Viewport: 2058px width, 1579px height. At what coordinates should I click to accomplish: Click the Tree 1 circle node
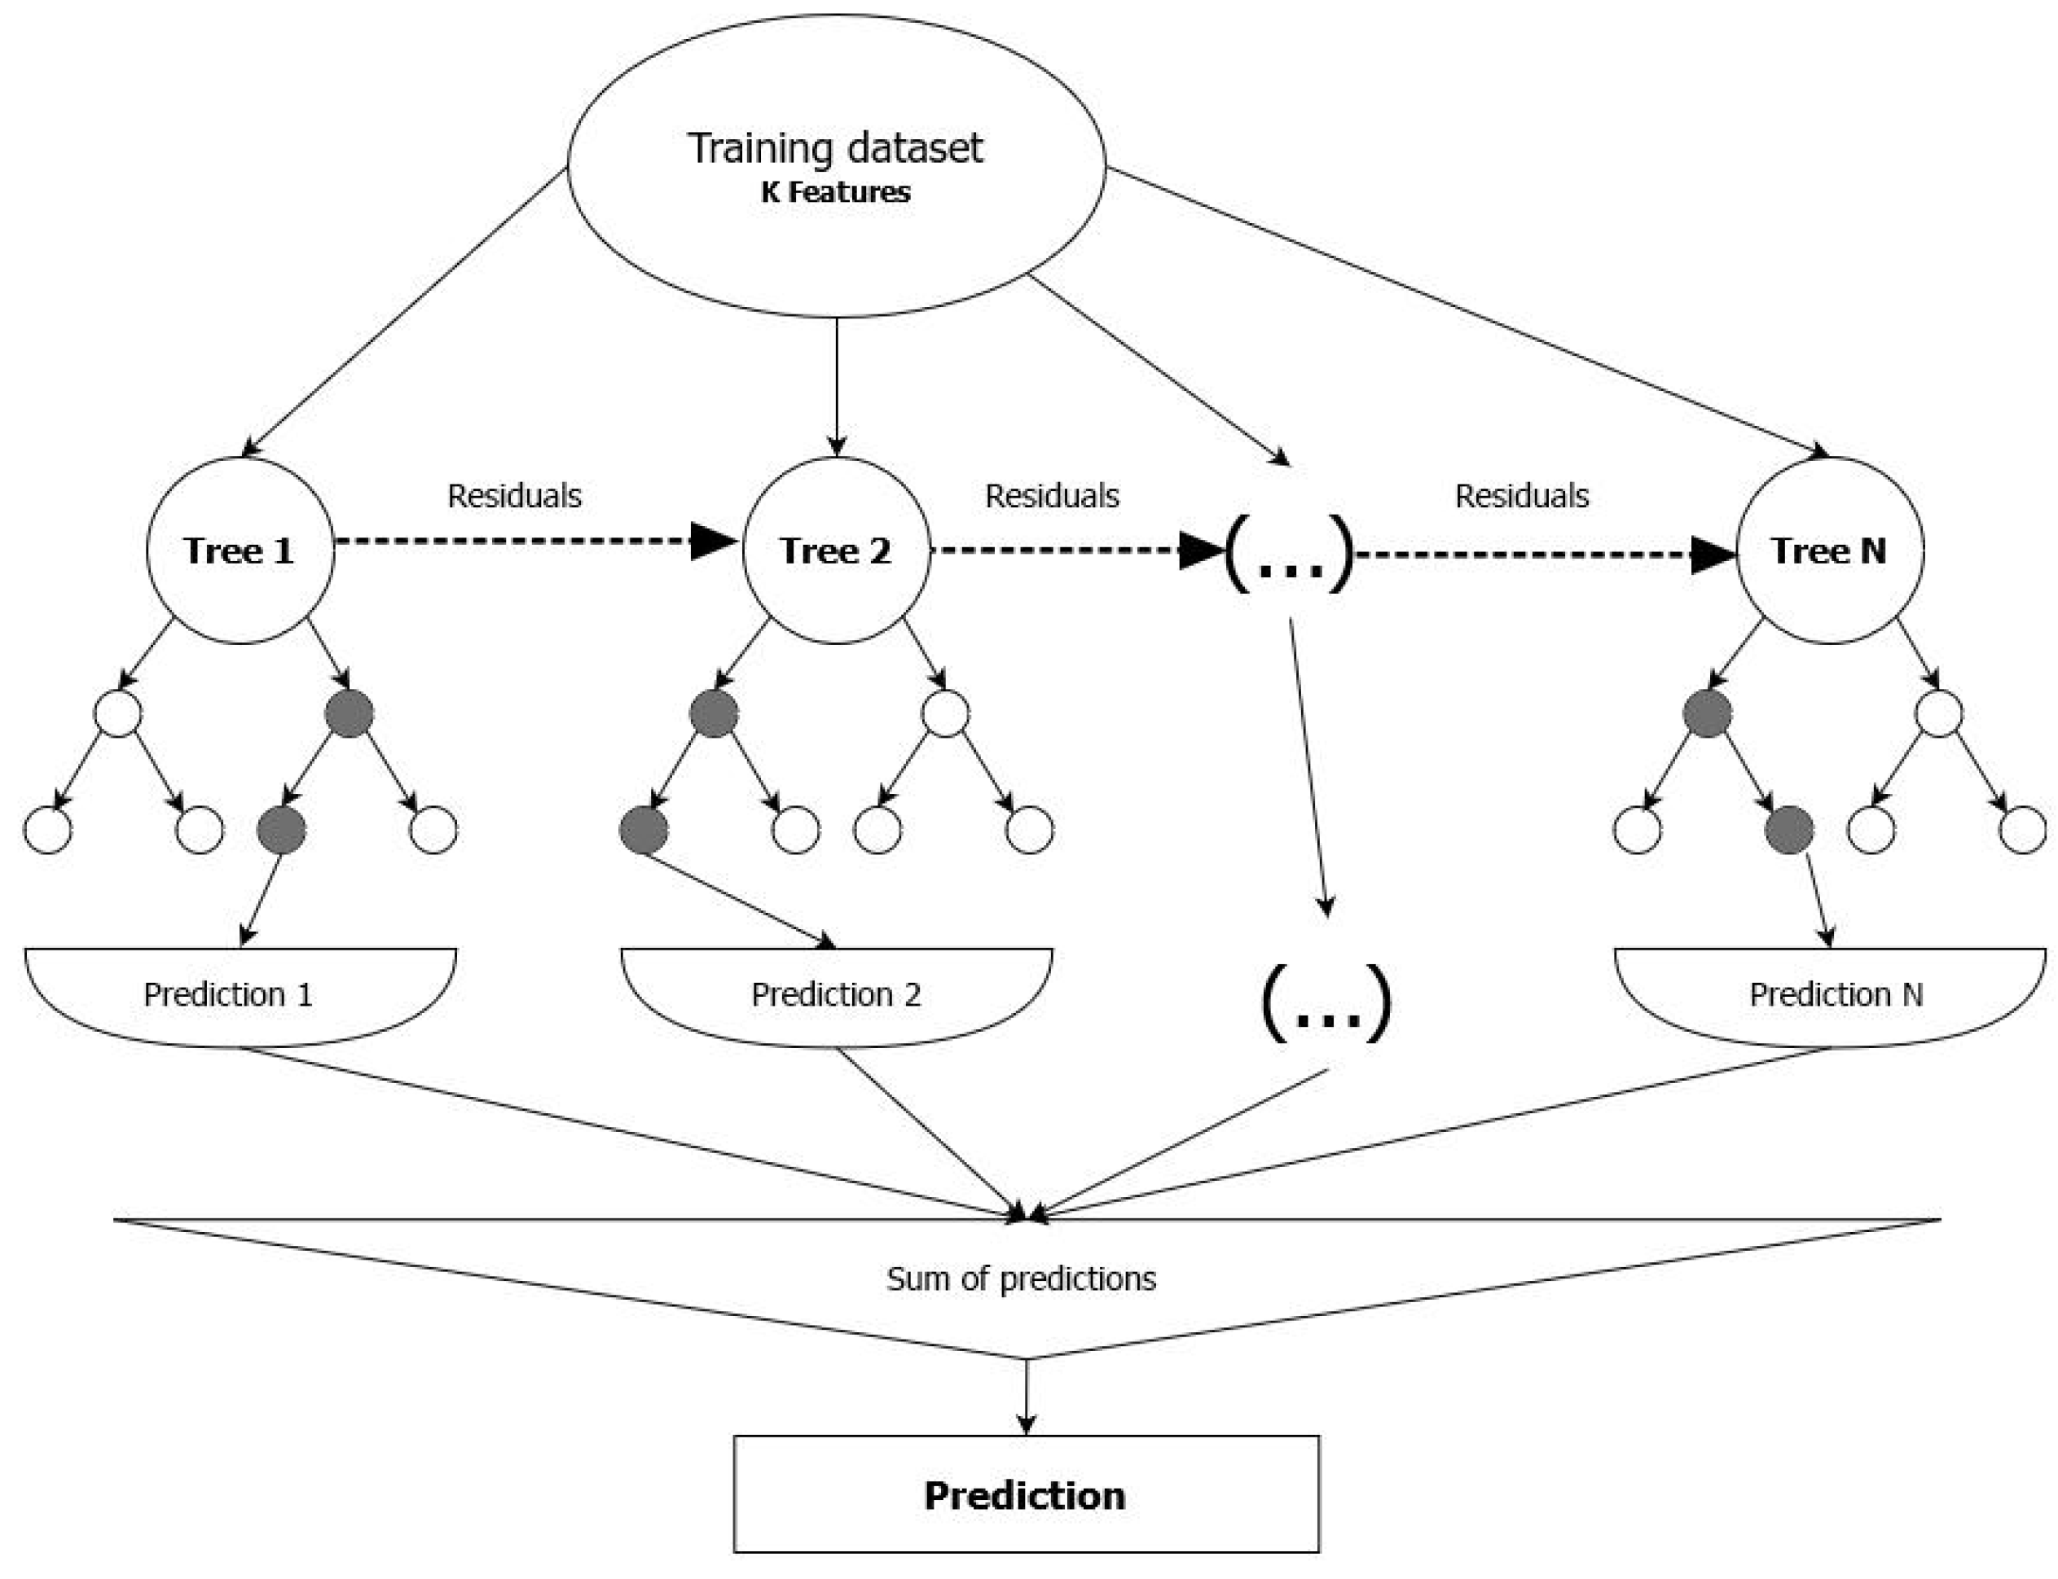(x=240, y=550)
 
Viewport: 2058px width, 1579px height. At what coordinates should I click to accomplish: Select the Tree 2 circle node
(x=836, y=550)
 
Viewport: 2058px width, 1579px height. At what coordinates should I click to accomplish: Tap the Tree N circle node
(x=1828, y=550)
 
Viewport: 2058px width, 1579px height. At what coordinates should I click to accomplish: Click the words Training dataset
(x=835, y=148)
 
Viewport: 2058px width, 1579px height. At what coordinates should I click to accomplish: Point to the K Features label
(x=835, y=193)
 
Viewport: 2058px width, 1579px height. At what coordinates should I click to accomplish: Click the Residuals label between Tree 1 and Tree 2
(x=514, y=495)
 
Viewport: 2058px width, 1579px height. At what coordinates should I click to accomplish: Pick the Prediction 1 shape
(x=240, y=994)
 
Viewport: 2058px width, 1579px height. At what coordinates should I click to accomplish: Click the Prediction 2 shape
(x=836, y=994)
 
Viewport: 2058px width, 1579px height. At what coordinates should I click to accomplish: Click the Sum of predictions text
(x=1021, y=1279)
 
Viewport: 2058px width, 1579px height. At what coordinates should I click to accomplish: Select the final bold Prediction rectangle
(x=1026, y=1495)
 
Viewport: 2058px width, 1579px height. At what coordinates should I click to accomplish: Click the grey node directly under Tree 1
(x=349, y=714)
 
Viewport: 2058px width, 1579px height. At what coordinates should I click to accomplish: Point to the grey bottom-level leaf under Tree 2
(x=644, y=830)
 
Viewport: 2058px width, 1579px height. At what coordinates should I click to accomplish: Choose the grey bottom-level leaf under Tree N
(x=1789, y=830)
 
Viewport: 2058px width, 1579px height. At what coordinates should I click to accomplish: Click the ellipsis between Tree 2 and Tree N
(x=1290, y=555)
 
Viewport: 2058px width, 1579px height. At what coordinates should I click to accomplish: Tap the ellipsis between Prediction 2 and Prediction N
(x=1326, y=1004)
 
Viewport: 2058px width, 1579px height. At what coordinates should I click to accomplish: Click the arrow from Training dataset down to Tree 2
(x=836, y=385)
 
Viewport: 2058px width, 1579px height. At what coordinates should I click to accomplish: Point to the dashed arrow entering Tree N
(x=1541, y=555)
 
